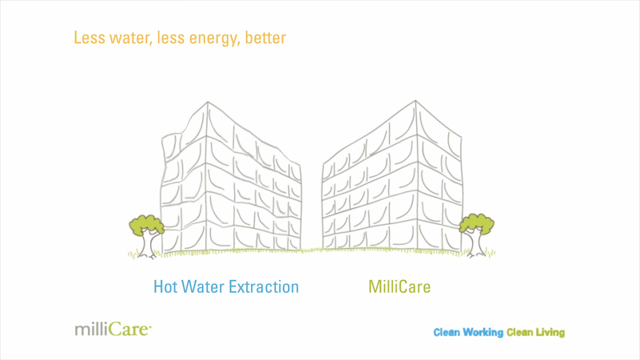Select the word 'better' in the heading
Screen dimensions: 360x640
pyautogui.click(x=265, y=38)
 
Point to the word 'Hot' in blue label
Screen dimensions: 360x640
pyautogui.click(x=165, y=287)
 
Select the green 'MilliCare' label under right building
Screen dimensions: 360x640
pyautogui.click(x=399, y=287)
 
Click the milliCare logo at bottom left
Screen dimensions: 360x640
pyautogui.click(x=113, y=329)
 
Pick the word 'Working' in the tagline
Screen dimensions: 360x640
pyautogui.click(x=483, y=332)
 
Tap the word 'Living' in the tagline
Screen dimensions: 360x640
pyautogui.click(x=550, y=332)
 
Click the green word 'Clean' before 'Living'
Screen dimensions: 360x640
pyautogui.click(x=519, y=332)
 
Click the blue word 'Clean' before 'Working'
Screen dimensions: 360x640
pyautogui.click(x=446, y=332)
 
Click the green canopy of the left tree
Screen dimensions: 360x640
pyautogui.click(x=146, y=224)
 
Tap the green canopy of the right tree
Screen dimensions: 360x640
pyautogui.click(x=476, y=223)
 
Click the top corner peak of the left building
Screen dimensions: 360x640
pyautogui.click(x=208, y=102)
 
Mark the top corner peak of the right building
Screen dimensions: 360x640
pyautogui.click(x=415, y=101)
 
